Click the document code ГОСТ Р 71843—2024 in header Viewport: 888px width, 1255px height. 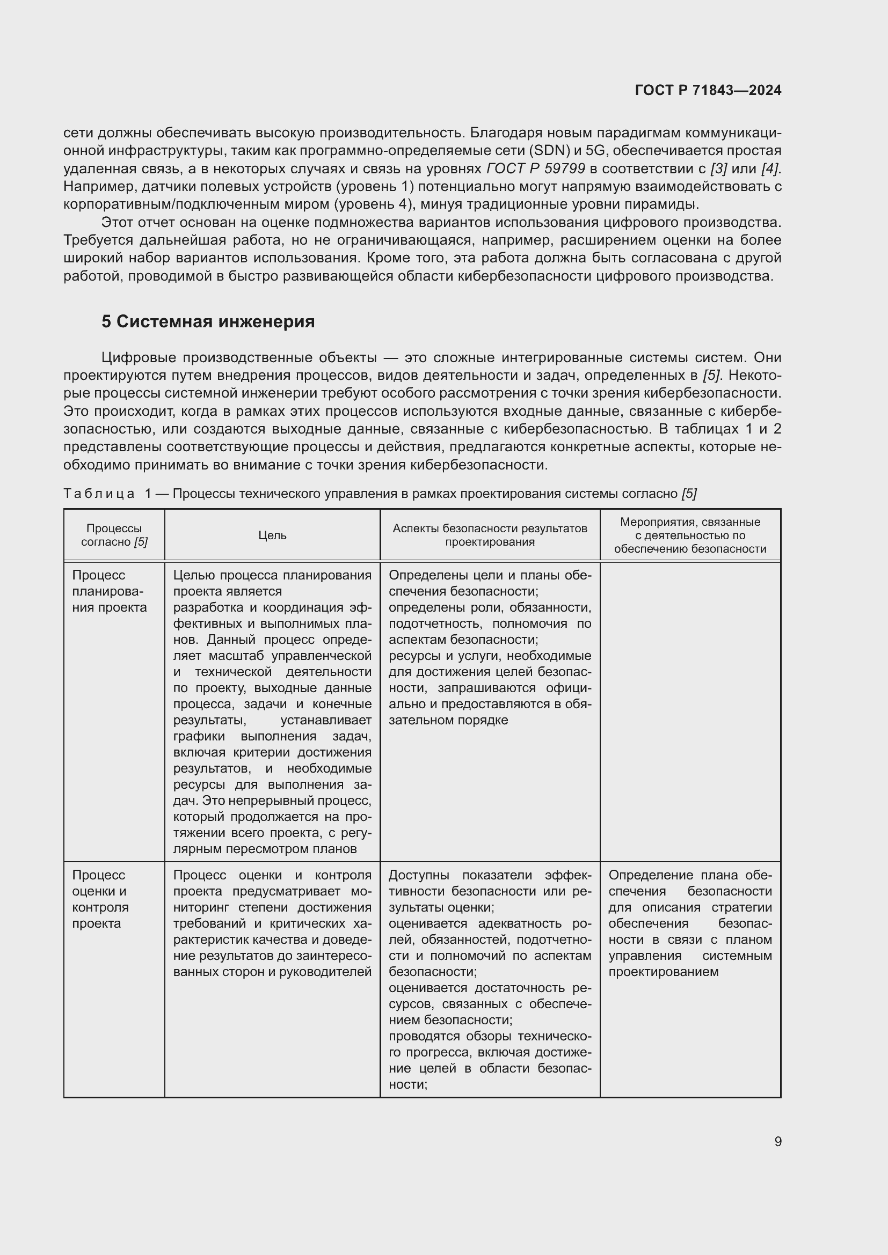[x=708, y=91]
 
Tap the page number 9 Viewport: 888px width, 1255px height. [x=777, y=1141]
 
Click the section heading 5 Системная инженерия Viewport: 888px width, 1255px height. [x=208, y=321]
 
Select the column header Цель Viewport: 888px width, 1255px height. [x=272, y=535]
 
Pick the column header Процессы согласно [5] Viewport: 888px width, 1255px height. [x=114, y=535]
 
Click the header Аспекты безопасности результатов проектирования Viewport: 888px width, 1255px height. [x=490, y=535]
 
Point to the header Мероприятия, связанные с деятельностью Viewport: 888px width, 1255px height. [x=690, y=535]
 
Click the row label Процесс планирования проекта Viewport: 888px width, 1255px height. [x=110, y=591]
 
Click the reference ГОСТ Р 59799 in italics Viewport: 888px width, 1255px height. [x=536, y=169]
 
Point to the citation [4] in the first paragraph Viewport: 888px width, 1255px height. [x=770, y=169]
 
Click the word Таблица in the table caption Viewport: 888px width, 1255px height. [x=99, y=494]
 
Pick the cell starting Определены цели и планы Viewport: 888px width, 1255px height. [x=490, y=648]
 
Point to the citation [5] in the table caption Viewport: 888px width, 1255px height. [x=689, y=494]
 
